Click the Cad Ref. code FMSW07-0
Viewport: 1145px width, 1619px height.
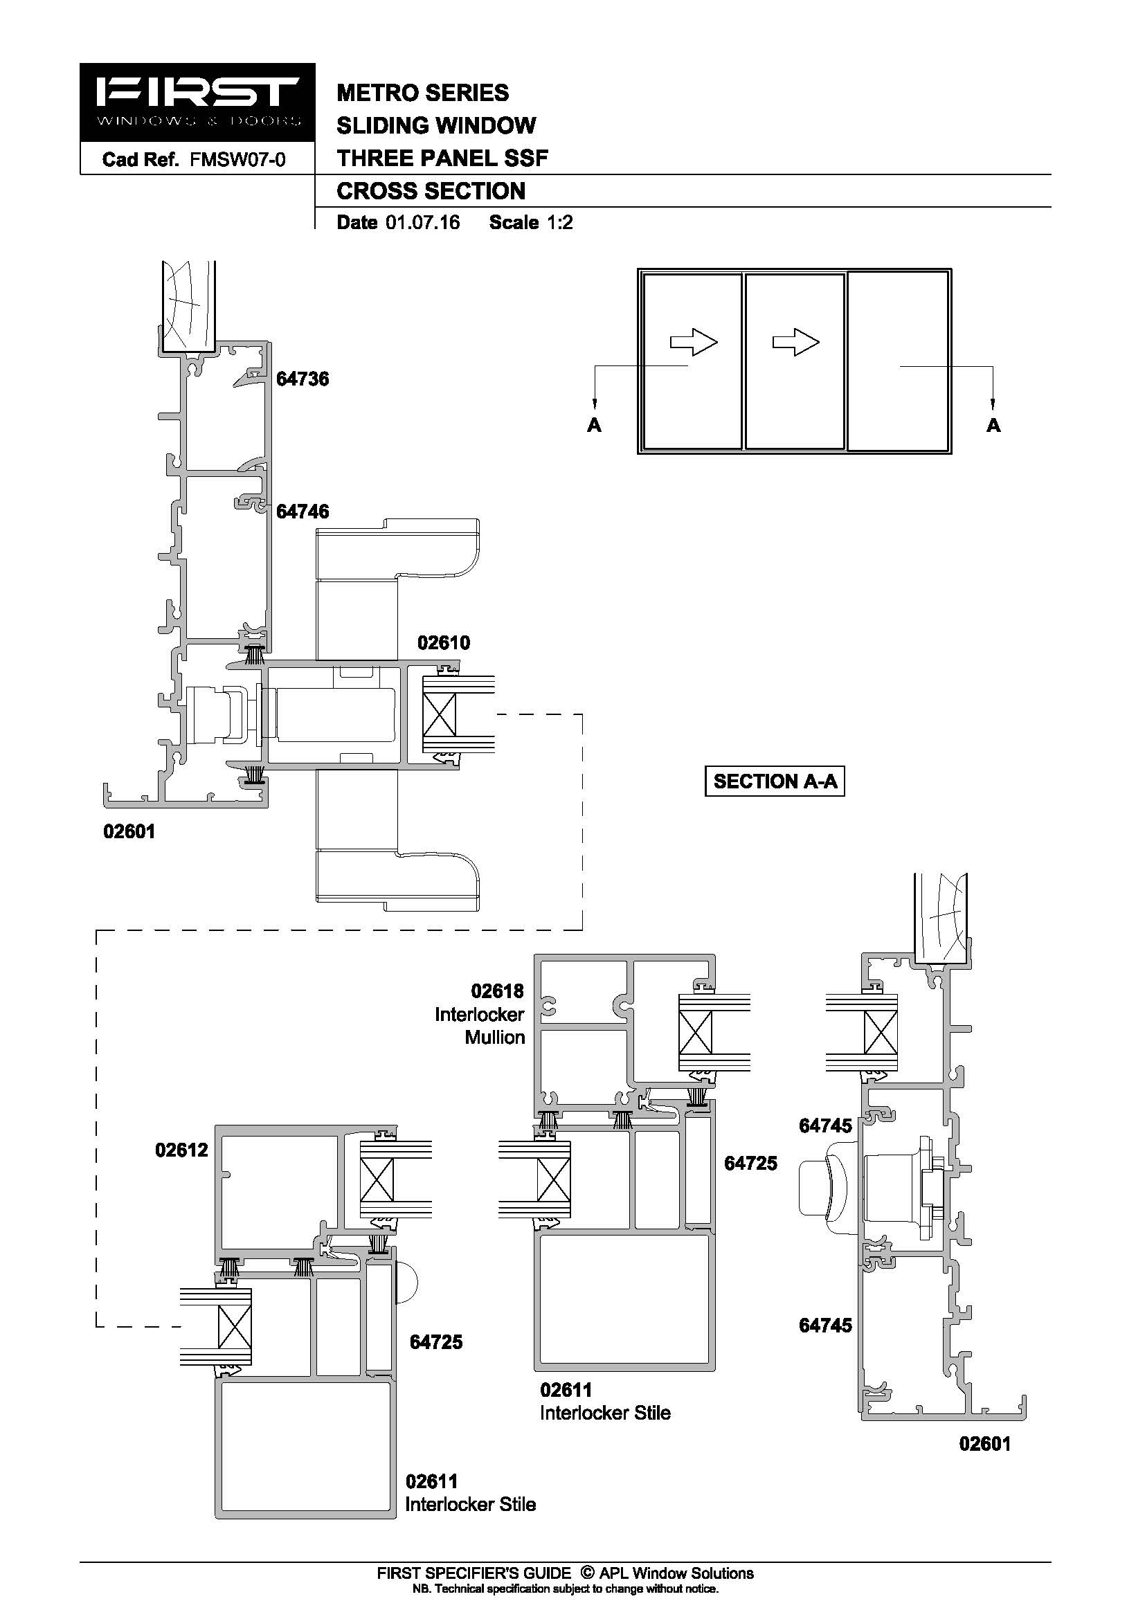237,160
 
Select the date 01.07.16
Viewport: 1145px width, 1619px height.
422,223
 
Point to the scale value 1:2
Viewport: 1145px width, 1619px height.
560,223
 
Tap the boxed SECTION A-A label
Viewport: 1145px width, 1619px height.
775,781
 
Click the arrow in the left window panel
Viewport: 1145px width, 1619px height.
694,343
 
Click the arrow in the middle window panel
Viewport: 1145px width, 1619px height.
796,343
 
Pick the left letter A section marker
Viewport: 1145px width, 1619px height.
595,425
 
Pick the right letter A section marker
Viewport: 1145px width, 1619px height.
993,425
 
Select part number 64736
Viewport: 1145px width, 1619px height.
303,379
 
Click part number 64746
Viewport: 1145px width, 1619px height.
303,512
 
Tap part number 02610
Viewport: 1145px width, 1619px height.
444,643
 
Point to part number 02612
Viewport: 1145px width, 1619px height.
182,1150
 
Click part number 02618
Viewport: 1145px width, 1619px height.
498,991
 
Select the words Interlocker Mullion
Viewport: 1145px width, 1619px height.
480,1026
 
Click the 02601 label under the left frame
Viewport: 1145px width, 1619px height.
129,832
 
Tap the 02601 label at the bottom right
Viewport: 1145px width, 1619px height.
985,1444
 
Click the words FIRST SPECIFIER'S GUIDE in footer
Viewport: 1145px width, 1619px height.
474,1573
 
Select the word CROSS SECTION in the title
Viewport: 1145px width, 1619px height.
431,191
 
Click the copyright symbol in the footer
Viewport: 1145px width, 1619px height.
586,1573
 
